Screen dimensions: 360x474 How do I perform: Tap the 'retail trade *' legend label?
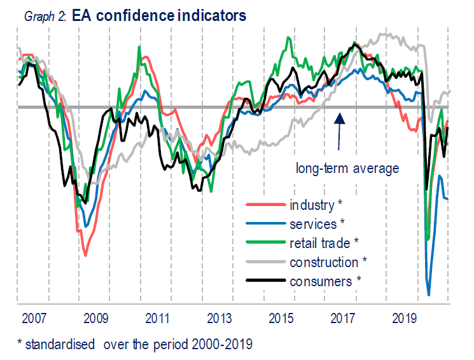coord(324,243)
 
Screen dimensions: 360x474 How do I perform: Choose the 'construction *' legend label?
coord(328,262)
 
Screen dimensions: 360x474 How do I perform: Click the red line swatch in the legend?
coord(265,205)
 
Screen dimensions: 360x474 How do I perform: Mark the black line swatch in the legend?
coord(265,281)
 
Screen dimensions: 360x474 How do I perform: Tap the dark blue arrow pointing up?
coord(339,130)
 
